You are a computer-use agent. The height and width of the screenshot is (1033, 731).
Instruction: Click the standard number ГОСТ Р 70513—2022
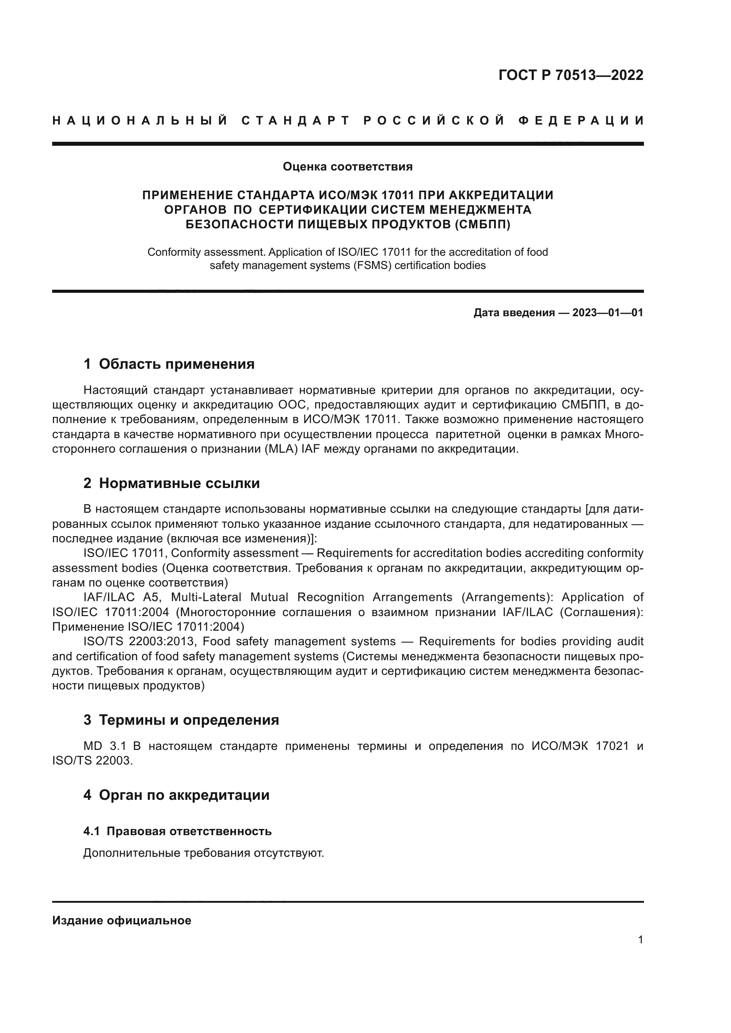click(x=571, y=75)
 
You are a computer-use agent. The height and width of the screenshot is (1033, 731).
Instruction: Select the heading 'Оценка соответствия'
click(x=347, y=167)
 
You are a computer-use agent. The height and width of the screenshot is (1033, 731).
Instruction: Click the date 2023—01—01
click(x=608, y=313)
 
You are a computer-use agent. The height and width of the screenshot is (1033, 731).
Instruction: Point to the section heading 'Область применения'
click(x=176, y=364)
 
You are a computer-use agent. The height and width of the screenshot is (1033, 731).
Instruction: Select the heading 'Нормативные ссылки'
click(x=179, y=484)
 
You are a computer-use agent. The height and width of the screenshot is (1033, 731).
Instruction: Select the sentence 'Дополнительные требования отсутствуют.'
click(x=203, y=854)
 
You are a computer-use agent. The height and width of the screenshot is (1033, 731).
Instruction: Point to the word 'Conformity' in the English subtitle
click(x=174, y=252)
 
